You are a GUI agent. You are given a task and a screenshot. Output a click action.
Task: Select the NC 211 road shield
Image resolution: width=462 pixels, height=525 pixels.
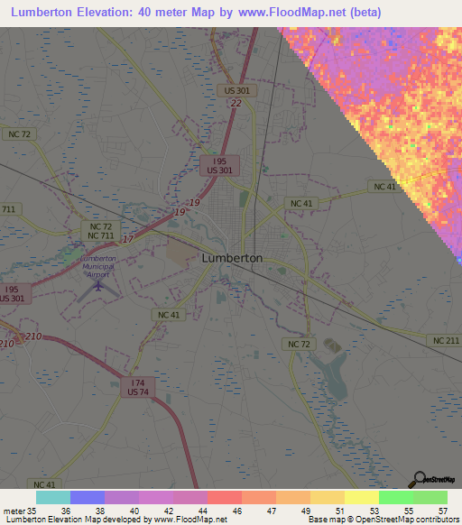tap(445, 340)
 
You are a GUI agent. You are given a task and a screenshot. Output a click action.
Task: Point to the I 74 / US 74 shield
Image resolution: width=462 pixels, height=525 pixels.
tap(138, 387)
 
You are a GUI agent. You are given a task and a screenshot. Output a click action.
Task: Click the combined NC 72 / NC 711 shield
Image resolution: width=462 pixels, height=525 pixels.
tap(99, 230)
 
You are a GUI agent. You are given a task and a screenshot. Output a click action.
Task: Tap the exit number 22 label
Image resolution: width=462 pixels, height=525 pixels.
tap(236, 104)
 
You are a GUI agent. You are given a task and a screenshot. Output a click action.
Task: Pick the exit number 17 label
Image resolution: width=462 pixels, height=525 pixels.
tap(127, 239)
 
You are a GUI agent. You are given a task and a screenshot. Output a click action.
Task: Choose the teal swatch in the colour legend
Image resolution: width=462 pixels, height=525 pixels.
tap(53, 497)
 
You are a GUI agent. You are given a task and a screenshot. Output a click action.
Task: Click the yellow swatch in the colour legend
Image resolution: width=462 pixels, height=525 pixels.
tap(362, 497)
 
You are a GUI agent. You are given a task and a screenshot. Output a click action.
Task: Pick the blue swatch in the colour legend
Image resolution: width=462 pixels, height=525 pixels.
tap(88, 497)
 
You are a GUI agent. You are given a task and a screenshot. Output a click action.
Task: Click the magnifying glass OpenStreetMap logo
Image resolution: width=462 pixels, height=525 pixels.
tap(418, 479)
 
